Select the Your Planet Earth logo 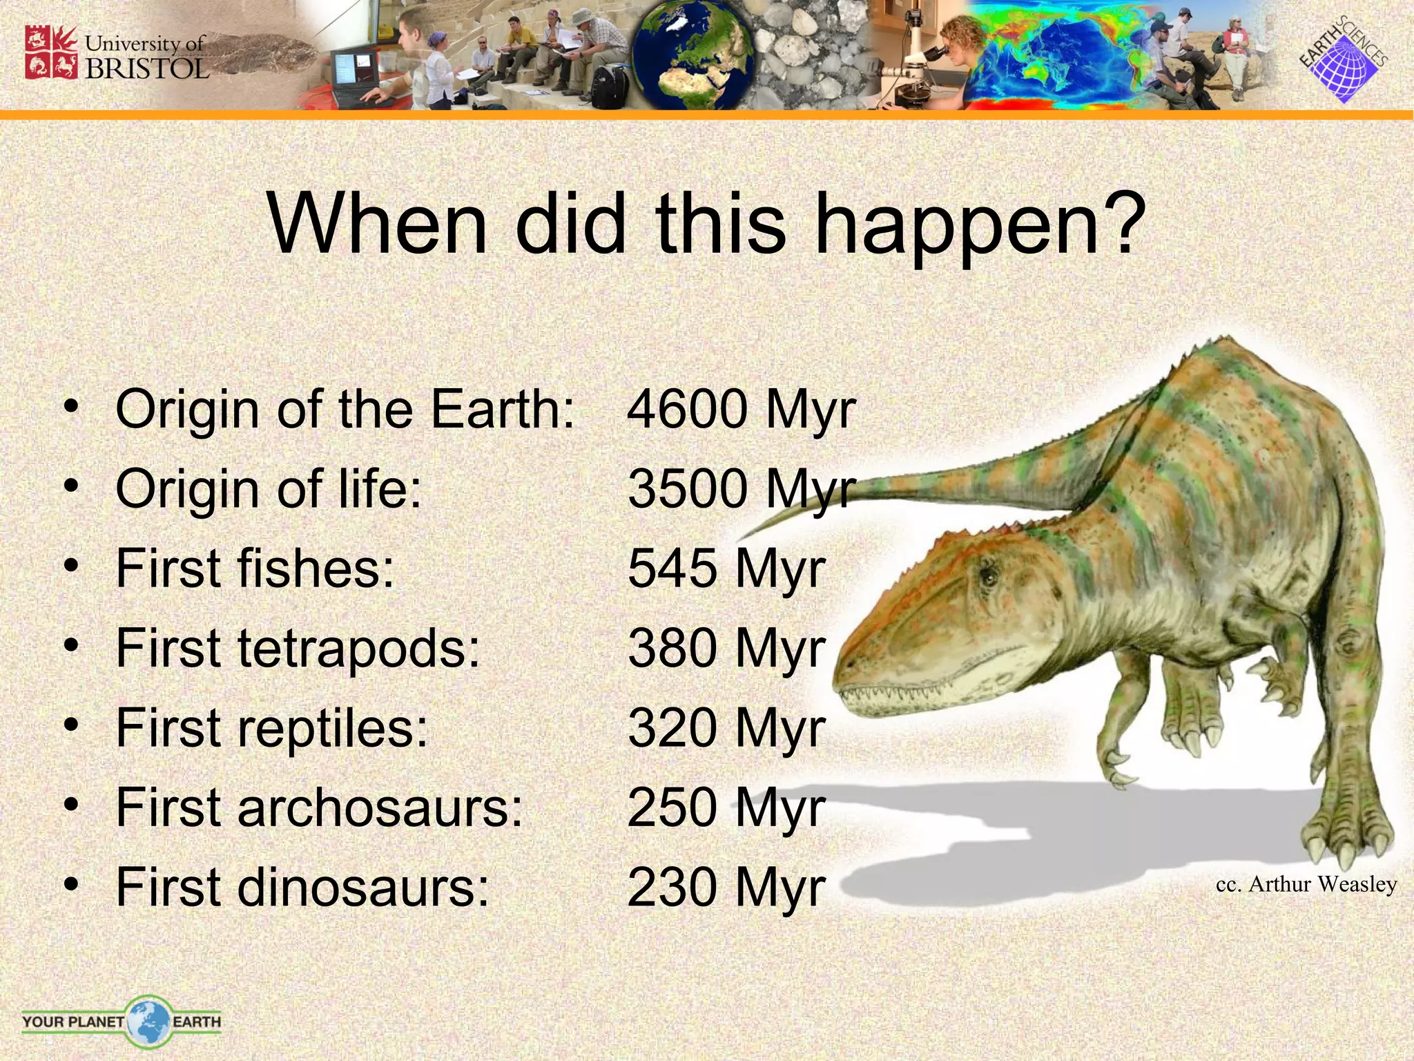coord(122,1021)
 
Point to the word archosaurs coord(380,807)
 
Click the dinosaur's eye coord(989,575)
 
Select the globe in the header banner coord(693,57)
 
